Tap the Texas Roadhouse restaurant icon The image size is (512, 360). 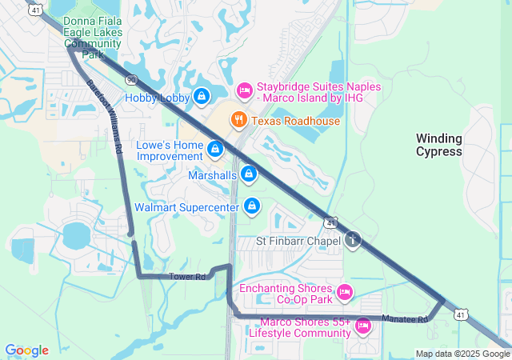(x=238, y=121)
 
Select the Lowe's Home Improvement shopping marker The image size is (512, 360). (x=214, y=149)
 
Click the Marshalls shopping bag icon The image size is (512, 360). (x=249, y=174)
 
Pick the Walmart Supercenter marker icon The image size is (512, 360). (x=252, y=206)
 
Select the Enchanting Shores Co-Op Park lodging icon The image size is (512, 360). (x=345, y=293)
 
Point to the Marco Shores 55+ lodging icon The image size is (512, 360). (x=362, y=326)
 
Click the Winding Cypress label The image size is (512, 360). (x=439, y=145)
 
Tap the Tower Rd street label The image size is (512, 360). (x=187, y=277)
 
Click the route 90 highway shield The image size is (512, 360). (x=131, y=80)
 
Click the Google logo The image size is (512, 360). (x=26, y=350)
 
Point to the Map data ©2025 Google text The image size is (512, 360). (x=462, y=354)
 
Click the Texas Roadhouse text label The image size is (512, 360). (x=295, y=121)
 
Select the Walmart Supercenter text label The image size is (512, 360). (x=186, y=207)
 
